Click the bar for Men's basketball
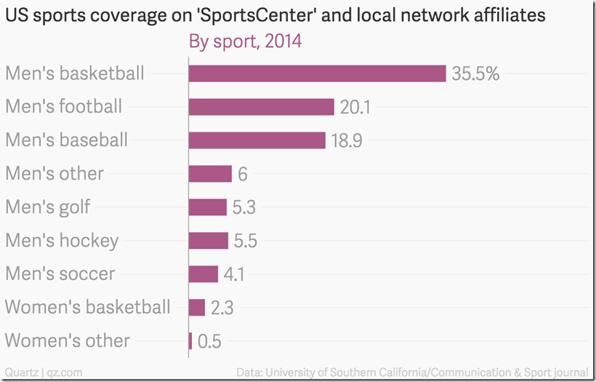pos(317,73)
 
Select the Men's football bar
pos(261,107)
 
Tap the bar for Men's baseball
pos(257,140)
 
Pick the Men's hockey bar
pos(209,241)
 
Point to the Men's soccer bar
pos(204,274)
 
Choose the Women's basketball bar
pos(197,307)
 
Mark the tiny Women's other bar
pos(190,341)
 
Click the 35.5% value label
pos(475,73)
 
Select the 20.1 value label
pos(355,107)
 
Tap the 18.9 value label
pos(347,140)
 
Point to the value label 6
pos(243,174)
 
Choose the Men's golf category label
pos(48,207)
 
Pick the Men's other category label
pos(55,174)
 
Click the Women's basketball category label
pos(88,307)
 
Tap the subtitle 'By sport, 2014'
pos(245,42)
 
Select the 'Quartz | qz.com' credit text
pos(43,372)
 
